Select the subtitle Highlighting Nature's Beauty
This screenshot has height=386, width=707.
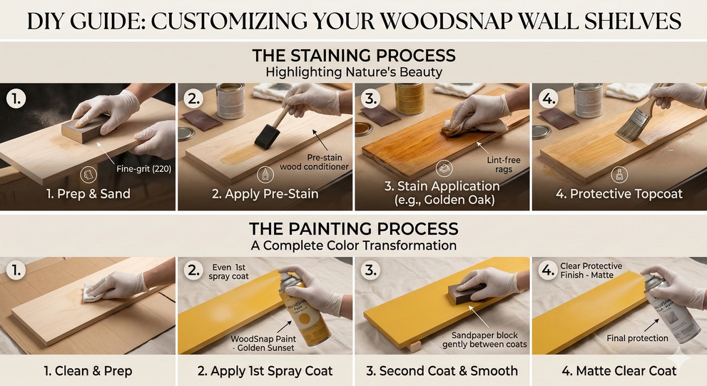click(x=353, y=72)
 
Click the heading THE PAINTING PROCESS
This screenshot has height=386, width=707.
click(x=353, y=229)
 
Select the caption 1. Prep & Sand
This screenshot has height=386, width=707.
click(x=88, y=194)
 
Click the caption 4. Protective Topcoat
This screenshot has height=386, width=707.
click(x=619, y=194)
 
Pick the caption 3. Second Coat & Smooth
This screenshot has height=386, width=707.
click(x=442, y=370)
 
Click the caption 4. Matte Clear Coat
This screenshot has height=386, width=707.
click(x=619, y=370)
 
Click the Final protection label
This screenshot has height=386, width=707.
click(x=637, y=338)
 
